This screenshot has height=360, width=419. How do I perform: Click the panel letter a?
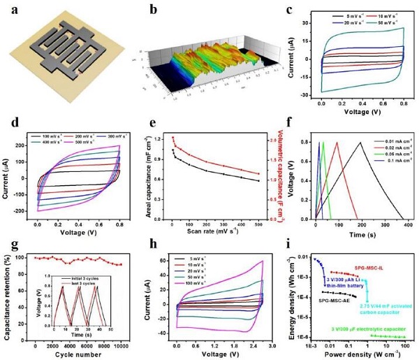[10, 8]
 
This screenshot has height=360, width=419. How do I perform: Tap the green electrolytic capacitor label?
[372, 327]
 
